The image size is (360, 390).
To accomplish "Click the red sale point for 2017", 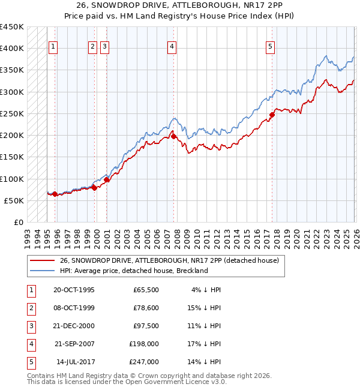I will [x=272, y=115].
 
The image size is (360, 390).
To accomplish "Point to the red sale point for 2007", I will [x=173, y=136].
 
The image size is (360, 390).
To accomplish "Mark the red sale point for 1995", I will [x=55, y=194].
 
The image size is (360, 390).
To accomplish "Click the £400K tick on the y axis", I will [x=12, y=48].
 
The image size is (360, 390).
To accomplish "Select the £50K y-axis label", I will [x=14, y=200].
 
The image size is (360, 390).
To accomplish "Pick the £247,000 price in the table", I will [x=144, y=362].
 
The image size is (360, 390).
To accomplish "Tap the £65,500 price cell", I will [x=146, y=290].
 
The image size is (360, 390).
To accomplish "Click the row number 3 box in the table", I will [x=30, y=326].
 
